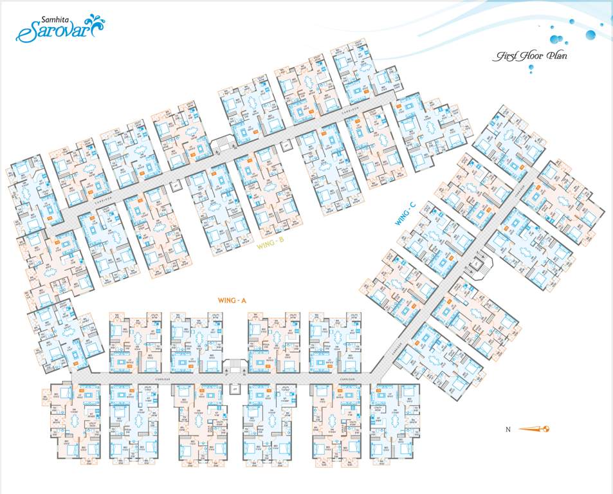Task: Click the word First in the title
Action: point(503,57)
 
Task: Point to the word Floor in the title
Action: point(528,56)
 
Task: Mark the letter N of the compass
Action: point(508,428)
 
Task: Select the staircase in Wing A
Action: point(234,368)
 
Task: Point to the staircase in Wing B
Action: point(222,144)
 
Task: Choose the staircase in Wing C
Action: point(482,261)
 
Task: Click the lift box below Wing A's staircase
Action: point(234,389)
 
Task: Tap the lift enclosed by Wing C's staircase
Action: point(477,264)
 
